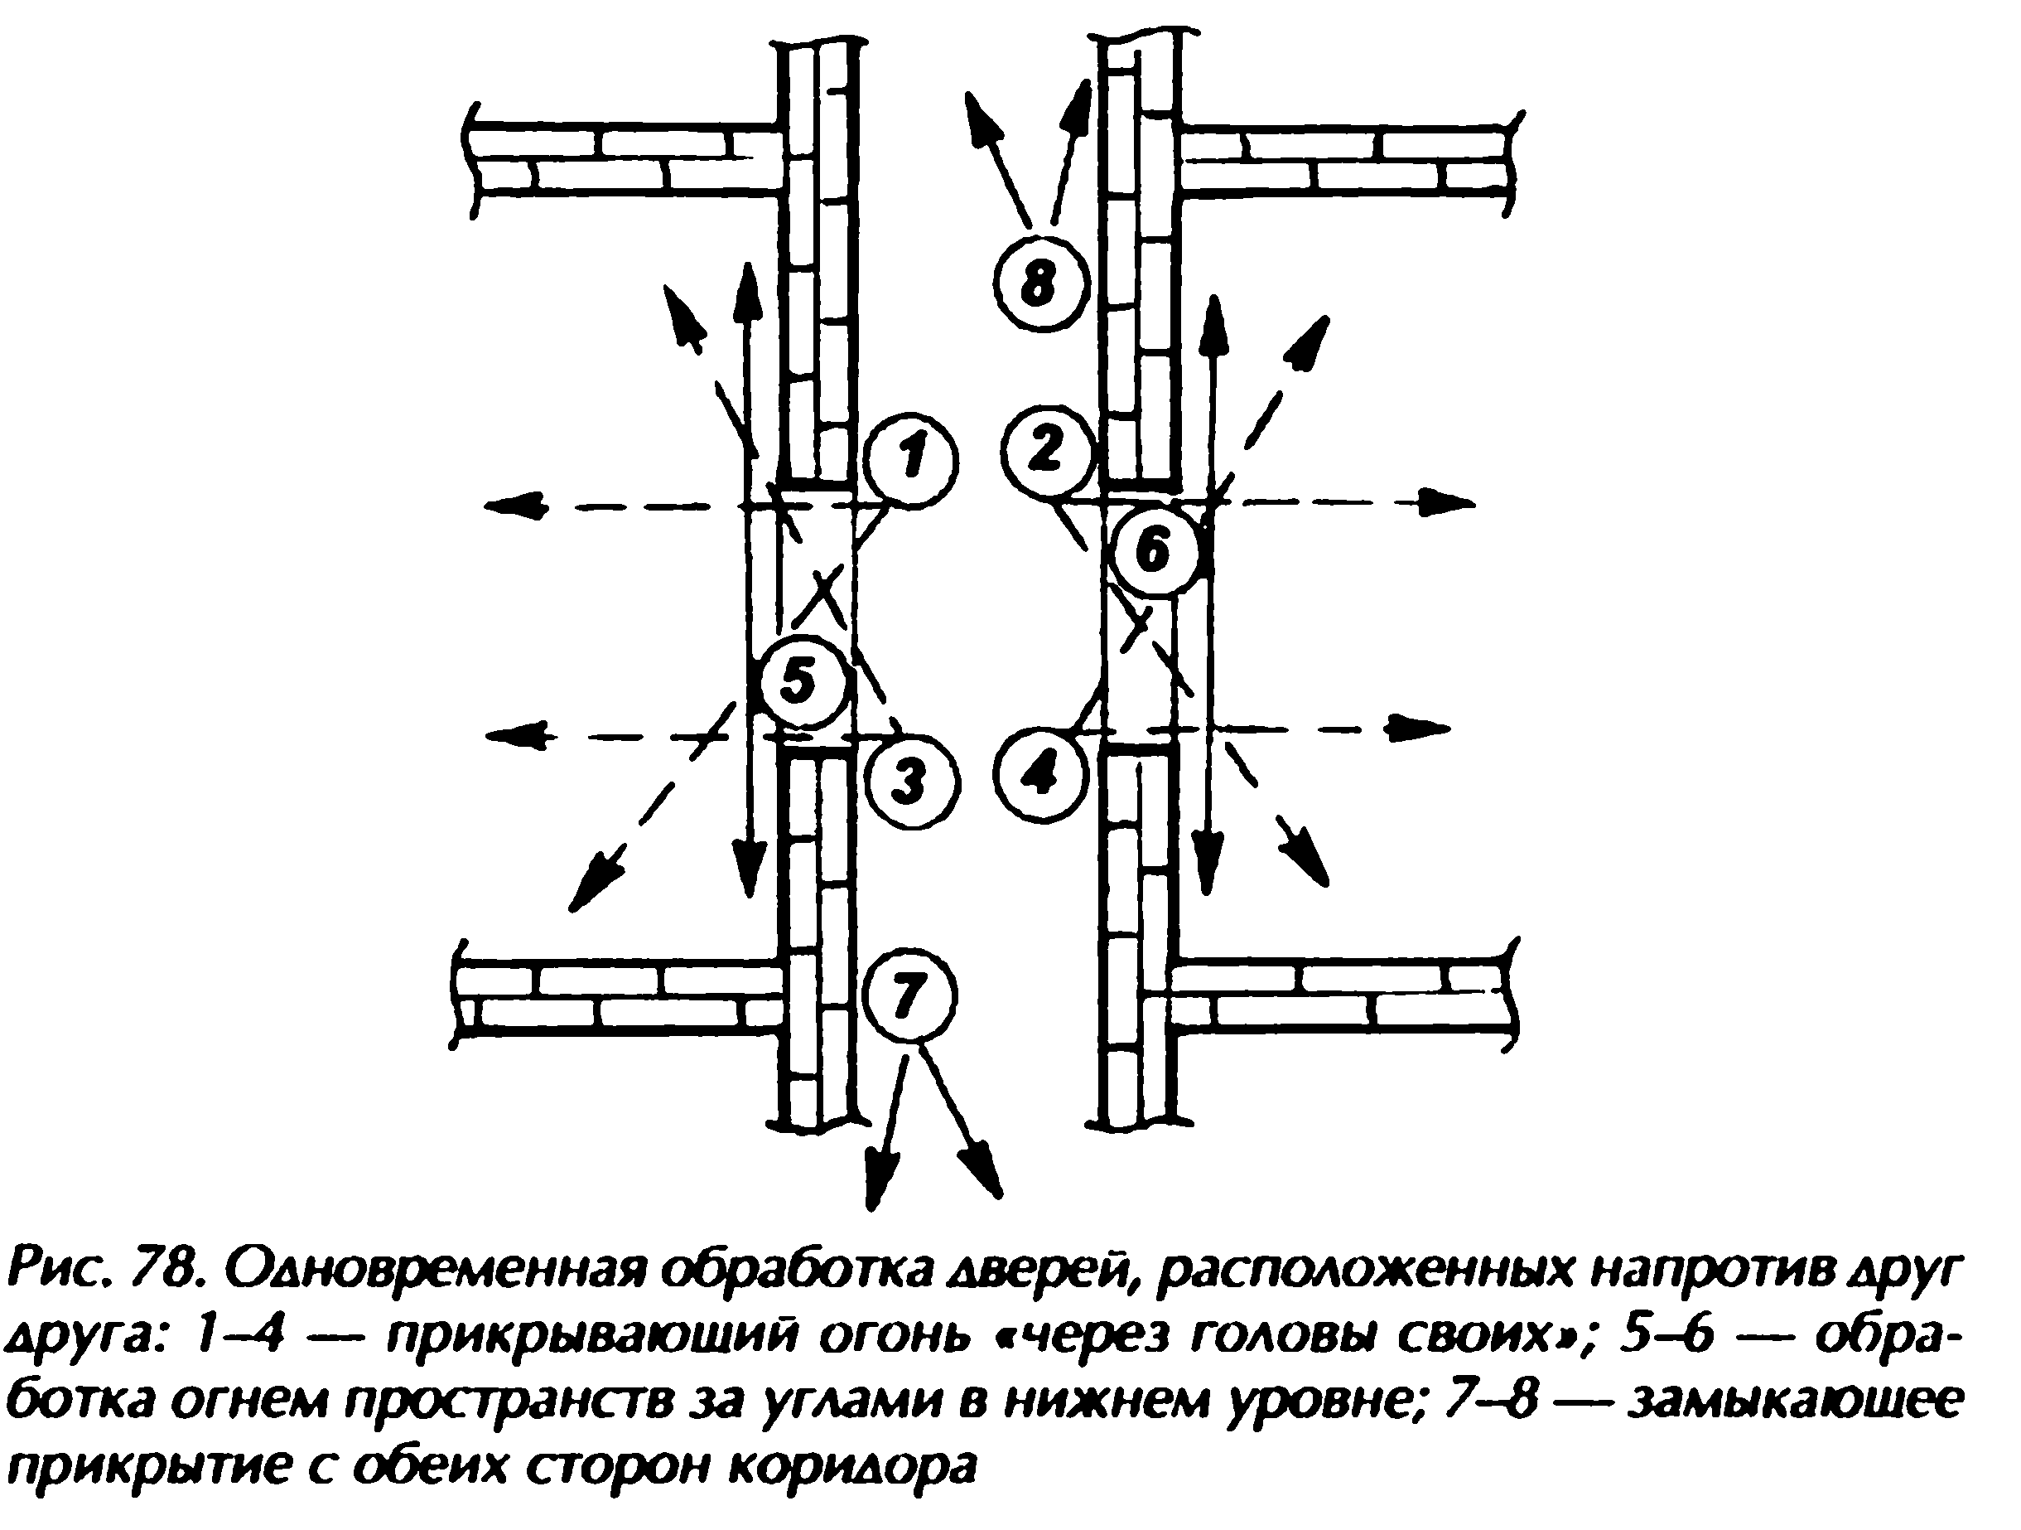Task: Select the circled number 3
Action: (x=909, y=783)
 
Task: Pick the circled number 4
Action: (x=1040, y=773)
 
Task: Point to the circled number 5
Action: (x=800, y=681)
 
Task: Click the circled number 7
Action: (x=909, y=995)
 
